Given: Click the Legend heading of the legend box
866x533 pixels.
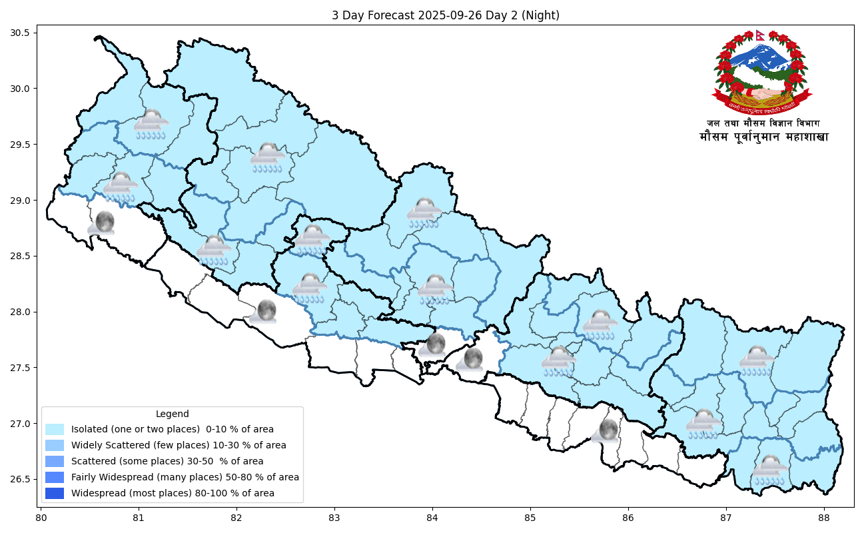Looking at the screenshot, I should pos(172,414).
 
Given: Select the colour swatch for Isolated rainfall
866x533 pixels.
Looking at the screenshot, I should pos(55,429).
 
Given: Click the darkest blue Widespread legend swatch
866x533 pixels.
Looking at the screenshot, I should pos(55,493).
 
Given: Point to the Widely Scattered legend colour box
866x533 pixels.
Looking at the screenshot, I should pos(55,445).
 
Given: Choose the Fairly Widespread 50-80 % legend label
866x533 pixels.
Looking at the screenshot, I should pos(185,477).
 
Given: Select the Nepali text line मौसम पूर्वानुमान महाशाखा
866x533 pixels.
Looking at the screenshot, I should pos(763,137).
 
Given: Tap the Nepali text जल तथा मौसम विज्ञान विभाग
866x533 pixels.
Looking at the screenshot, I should pos(763,123).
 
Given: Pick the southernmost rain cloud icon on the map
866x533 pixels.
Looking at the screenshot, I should pos(770,470).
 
